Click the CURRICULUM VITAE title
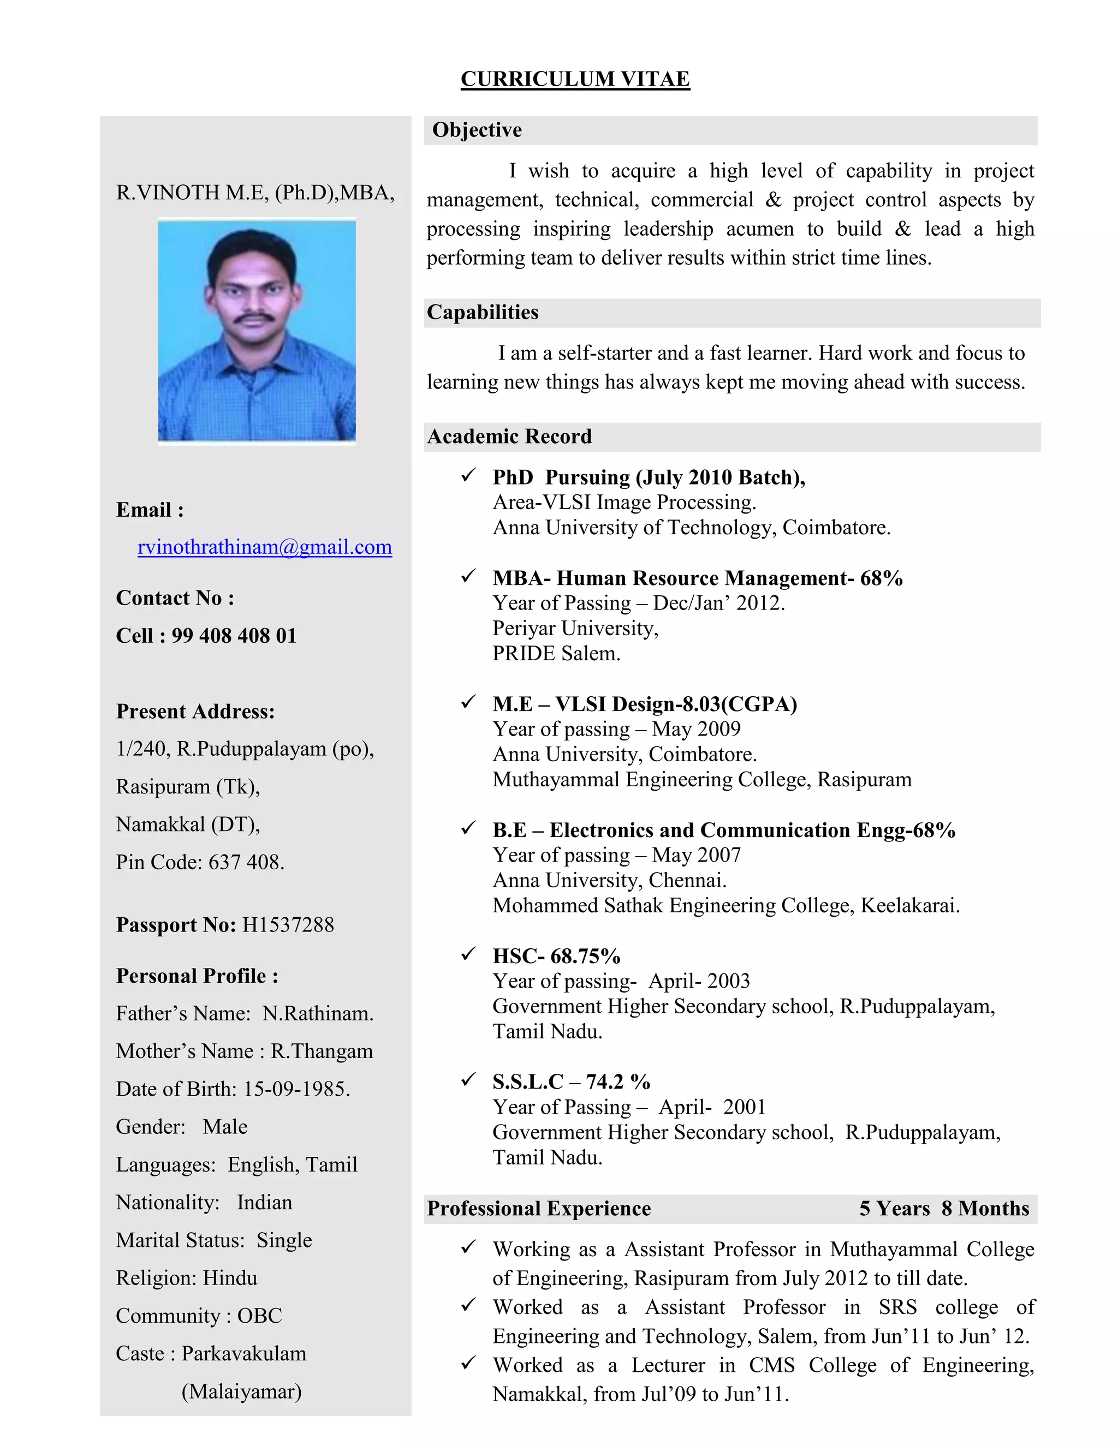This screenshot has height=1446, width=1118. (x=575, y=79)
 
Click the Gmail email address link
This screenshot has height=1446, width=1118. (x=264, y=547)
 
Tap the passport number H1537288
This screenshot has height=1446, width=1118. (x=288, y=924)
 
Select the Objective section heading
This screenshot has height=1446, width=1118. (x=477, y=130)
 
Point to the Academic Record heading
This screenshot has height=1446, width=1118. (x=509, y=437)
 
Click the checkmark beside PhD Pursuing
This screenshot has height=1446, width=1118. (x=468, y=475)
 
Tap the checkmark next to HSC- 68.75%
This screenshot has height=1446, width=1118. (x=468, y=953)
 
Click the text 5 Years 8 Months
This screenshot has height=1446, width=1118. (x=944, y=1208)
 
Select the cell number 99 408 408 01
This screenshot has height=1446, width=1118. (x=234, y=636)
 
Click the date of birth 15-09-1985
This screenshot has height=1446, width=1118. (x=296, y=1089)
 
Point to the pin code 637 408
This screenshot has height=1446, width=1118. (x=246, y=862)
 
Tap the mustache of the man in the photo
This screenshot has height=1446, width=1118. (x=255, y=318)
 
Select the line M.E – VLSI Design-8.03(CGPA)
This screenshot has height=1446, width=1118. (x=645, y=704)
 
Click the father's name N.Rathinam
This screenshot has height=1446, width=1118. (x=317, y=1014)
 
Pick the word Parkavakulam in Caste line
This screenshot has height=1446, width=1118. (x=243, y=1353)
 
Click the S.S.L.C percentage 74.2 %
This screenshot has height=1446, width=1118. (x=617, y=1082)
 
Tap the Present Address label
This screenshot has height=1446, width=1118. (x=195, y=712)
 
